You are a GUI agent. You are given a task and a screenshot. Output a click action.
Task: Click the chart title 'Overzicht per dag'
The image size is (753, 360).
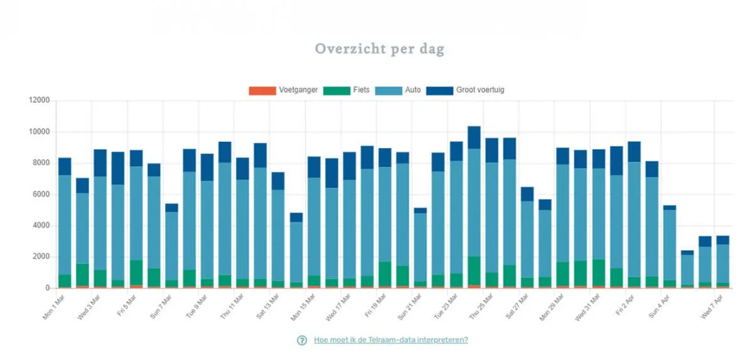point(379,49)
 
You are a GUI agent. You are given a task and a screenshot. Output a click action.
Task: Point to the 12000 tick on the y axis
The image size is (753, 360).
point(39,100)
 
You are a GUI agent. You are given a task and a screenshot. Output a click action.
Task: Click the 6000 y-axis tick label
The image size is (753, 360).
point(41,194)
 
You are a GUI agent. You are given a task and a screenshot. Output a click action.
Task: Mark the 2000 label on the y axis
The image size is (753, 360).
point(41,257)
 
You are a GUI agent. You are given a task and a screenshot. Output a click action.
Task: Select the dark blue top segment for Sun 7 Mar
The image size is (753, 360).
point(171,208)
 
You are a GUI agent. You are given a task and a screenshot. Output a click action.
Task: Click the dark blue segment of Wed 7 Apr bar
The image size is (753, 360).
point(723,240)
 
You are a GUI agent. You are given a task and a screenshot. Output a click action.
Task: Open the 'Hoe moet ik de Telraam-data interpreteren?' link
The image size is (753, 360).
point(391,340)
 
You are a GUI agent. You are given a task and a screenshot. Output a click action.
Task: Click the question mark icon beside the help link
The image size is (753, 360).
point(302,341)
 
